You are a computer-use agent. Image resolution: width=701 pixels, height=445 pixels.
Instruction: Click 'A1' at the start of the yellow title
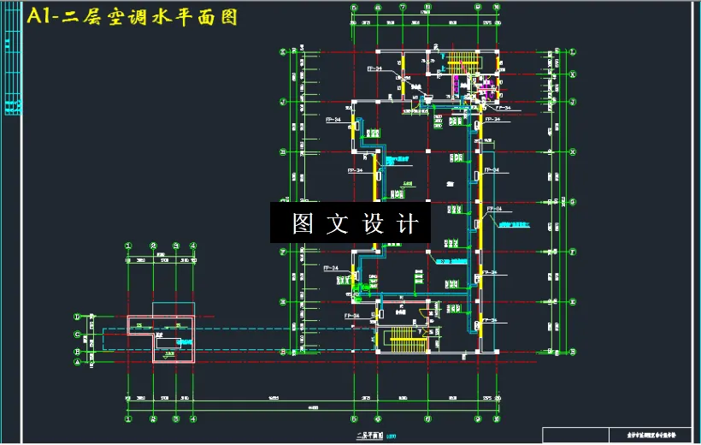[x=39, y=16]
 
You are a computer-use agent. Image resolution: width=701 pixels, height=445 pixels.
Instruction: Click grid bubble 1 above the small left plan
[x=129, y=246]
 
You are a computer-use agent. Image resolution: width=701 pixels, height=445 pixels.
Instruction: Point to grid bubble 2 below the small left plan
[x=154, y=418]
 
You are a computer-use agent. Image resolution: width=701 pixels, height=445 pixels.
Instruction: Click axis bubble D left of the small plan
[x=78, y=317]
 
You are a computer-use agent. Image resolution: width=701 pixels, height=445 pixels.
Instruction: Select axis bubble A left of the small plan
[x=78, y=363]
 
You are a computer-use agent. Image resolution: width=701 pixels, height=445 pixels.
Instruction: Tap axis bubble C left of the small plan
[x=78, y=335]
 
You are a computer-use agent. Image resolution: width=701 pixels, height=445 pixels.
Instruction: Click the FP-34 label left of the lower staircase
[x=352, y=316]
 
